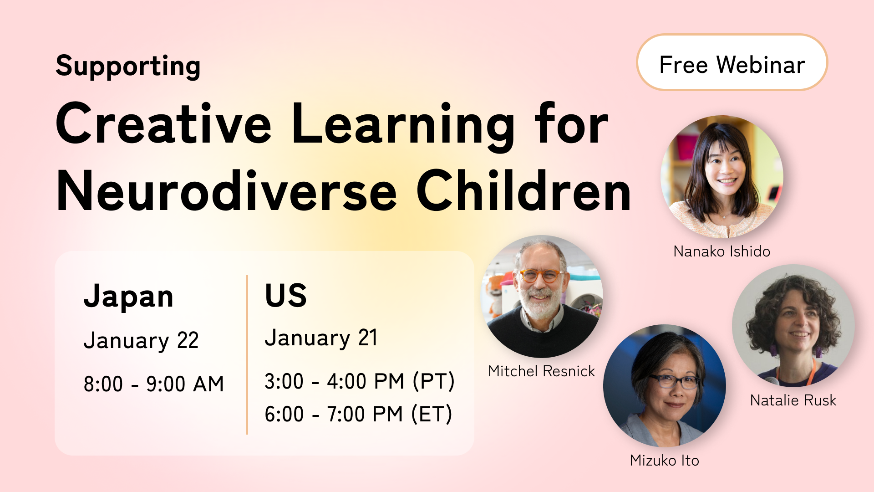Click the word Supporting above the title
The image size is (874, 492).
(x=128, y=67)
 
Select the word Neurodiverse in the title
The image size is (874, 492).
(x=226, y=191)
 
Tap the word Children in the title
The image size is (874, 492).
(x=523, y=191)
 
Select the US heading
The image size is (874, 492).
(x=285, y=295)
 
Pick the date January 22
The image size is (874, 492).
(x=141, y=341)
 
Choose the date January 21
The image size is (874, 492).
(x=321, y=338)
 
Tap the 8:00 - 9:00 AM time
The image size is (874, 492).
(x=153, y=384)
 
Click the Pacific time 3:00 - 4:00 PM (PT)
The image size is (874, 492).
(x=360, y=381)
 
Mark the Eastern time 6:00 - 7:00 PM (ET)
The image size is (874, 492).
(x=358, y=414)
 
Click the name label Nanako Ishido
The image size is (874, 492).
(x=722, y=251)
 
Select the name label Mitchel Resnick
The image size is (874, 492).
(x=541, y=371)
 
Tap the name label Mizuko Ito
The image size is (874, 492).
(x=664, y=461)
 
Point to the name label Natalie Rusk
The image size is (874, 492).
(x=793, y=400)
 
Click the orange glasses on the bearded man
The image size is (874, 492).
(x=540, y=276)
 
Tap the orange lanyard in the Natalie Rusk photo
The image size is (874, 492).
(x=811, y=371)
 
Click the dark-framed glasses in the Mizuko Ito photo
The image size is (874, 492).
(x=675, y=381)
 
